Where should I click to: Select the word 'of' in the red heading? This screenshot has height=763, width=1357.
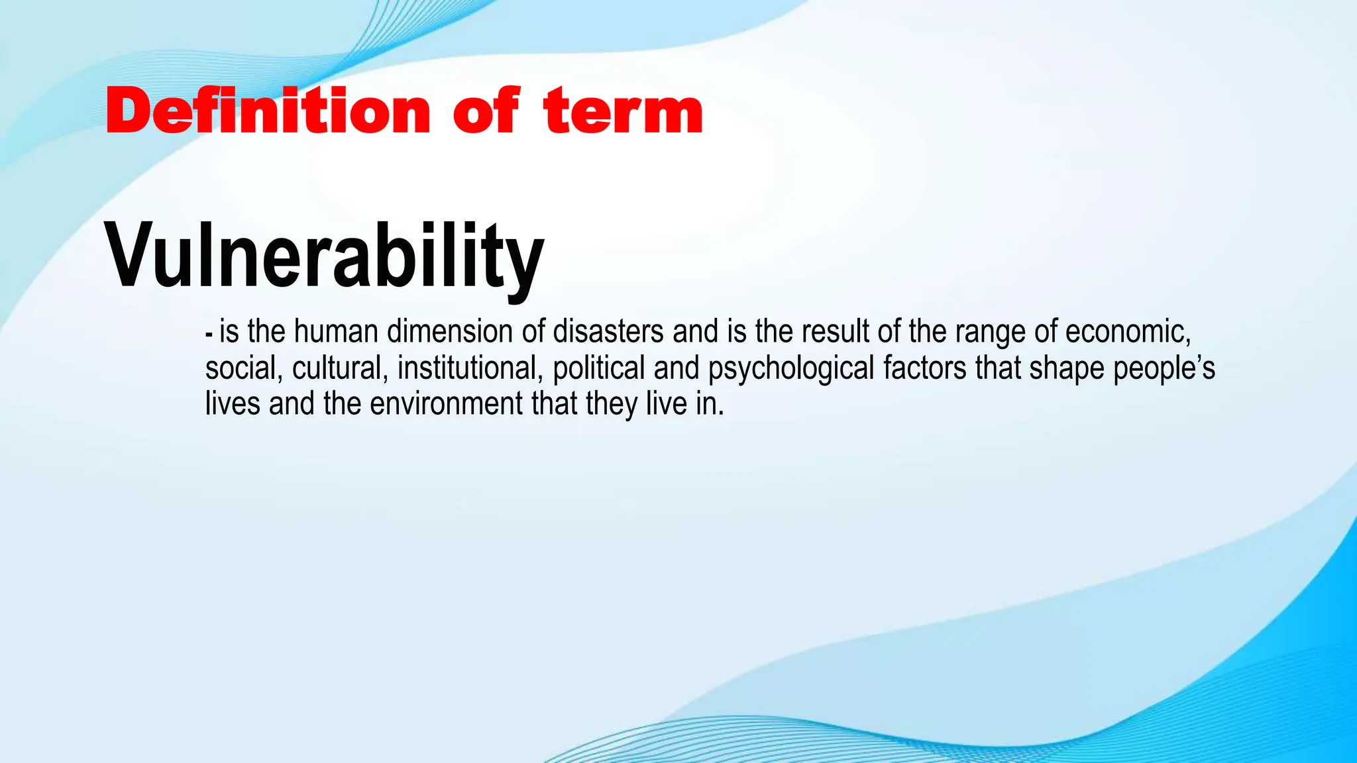(486, 111)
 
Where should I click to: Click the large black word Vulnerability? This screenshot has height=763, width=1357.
(324, 256)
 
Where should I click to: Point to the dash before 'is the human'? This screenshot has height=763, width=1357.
(209, 334)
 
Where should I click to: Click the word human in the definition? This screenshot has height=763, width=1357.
(336, 331)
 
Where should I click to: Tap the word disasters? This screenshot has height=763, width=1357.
(608, 331)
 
